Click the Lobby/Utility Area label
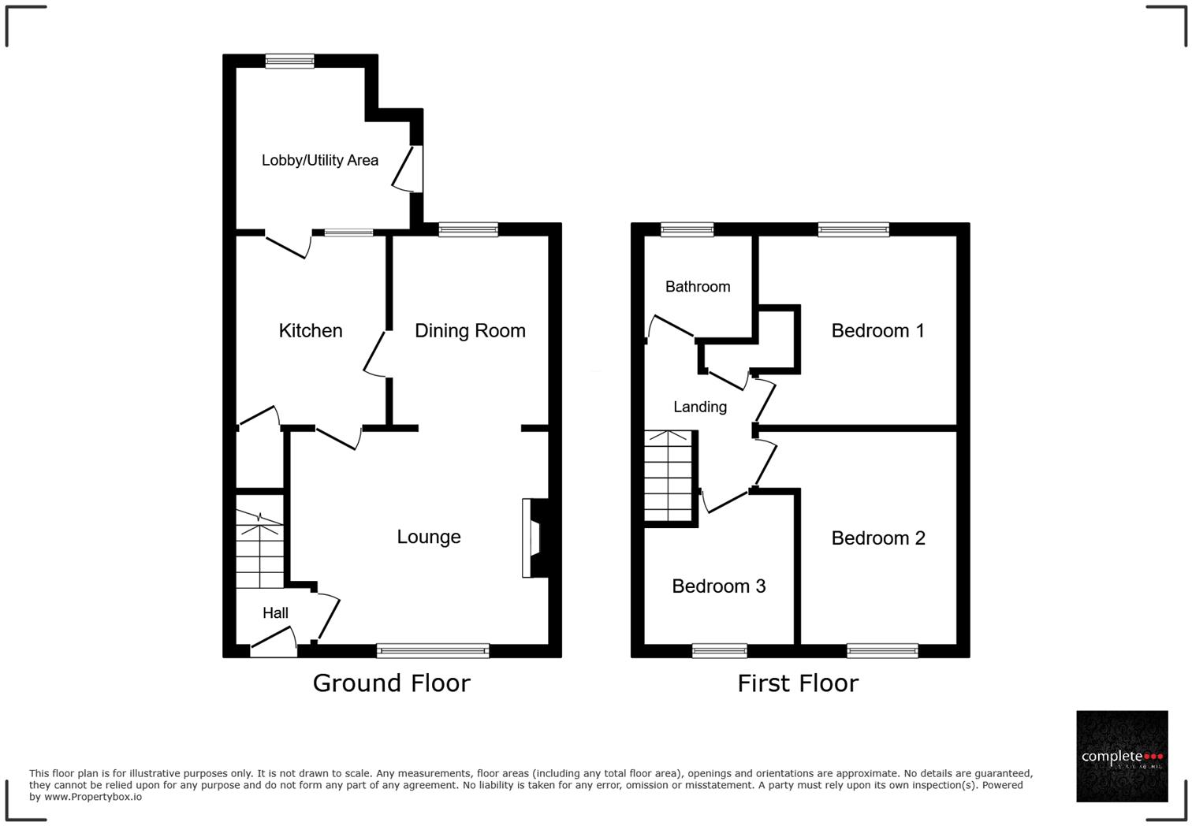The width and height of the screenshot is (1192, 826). (x=319, y=160)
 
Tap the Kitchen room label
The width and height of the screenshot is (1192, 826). (x=311, y=330)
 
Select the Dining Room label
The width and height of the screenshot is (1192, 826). (x=470, y=330)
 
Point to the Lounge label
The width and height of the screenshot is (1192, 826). (x=428, y=537)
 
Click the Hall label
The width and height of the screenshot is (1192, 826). (x=275, y=612)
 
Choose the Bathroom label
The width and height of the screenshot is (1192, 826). (x=697, y=286)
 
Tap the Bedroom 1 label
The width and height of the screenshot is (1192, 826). (x=877, y=330)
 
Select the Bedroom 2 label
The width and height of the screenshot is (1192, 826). (x=877, y=538)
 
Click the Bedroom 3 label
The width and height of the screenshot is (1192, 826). (x=718, y=586)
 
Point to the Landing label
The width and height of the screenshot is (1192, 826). (x=699, y=407)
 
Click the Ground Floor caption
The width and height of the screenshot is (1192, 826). (x=391, y=683)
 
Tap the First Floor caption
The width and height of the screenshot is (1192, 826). (x=797, y=683)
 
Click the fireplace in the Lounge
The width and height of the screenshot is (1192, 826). (x=534, y=538)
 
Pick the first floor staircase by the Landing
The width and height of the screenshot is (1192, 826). (x=669, y=476)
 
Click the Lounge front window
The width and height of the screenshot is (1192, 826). (x=433, y=650)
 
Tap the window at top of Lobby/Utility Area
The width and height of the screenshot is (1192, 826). (x=289, y=61)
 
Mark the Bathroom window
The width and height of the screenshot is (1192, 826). (x=687, y=229)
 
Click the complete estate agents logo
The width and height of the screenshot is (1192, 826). (x=1122, y=757)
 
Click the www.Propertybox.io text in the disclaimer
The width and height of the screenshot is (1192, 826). (x=93, y=797)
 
